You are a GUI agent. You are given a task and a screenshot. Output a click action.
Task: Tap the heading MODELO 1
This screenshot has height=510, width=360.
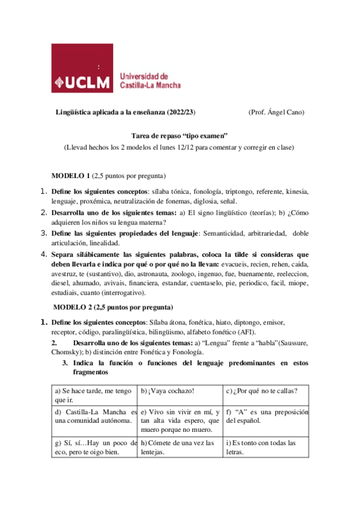[x=71, y=175]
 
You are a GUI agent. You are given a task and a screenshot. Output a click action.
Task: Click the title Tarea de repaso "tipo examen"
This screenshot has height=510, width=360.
[x=179, y=136]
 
